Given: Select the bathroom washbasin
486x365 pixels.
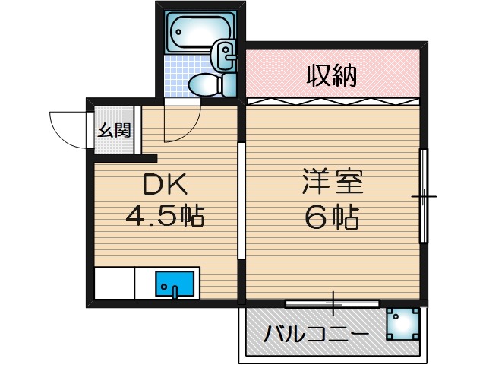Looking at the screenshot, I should coord(226,54).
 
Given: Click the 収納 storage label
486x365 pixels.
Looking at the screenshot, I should coord(332,75).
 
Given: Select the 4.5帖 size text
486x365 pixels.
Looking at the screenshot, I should coord(164,217).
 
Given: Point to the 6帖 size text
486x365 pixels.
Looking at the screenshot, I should coord(332,219).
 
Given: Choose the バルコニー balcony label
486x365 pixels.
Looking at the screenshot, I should coord(317,335).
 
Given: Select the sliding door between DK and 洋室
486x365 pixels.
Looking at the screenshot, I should coord(241,202).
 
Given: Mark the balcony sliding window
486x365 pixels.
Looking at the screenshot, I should coord(332,303).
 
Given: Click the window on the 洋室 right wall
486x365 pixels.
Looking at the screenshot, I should coord(424,196).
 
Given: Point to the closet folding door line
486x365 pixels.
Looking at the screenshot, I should coord(332,100).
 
